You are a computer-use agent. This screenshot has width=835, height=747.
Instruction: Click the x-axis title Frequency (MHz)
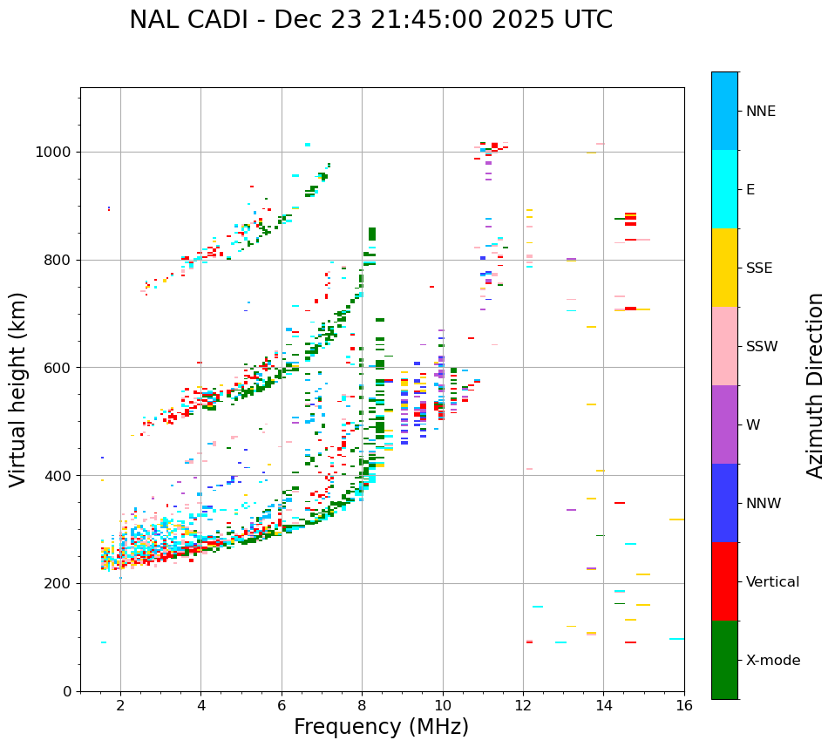coord(381,727)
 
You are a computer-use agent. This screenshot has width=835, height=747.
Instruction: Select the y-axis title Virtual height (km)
coord(18,389)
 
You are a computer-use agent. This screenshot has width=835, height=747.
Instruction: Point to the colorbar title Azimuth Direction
coord(815,385)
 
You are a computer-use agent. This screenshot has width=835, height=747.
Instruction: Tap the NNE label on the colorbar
coord(760,112)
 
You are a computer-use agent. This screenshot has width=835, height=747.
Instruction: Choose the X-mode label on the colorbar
coord(772,661)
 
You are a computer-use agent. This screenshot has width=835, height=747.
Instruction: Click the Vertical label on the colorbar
coord(772,582)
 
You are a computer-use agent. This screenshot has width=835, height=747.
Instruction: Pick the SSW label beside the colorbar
coord(762,347)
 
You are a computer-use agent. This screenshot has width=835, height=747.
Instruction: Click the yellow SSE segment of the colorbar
coord(724,268)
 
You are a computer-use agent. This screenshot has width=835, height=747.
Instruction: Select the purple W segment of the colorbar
coord(724,424)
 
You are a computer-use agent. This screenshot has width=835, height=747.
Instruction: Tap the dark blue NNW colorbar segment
coord(724,503)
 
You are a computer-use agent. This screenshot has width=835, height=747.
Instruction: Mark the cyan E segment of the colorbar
coord(724,189)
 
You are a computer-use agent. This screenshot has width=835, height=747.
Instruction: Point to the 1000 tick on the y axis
coord(57,153)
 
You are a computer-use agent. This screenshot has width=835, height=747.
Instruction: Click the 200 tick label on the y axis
coord(60,584)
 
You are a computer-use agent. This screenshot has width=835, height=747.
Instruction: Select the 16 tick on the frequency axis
coord(684,705)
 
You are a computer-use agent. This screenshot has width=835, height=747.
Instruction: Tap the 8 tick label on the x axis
coord(362,705)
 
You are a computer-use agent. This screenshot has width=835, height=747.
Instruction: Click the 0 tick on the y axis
coord(67,692)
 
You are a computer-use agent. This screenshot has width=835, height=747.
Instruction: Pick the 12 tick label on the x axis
coord(523,705)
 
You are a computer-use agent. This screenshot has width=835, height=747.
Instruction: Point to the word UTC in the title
coord(587,20)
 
